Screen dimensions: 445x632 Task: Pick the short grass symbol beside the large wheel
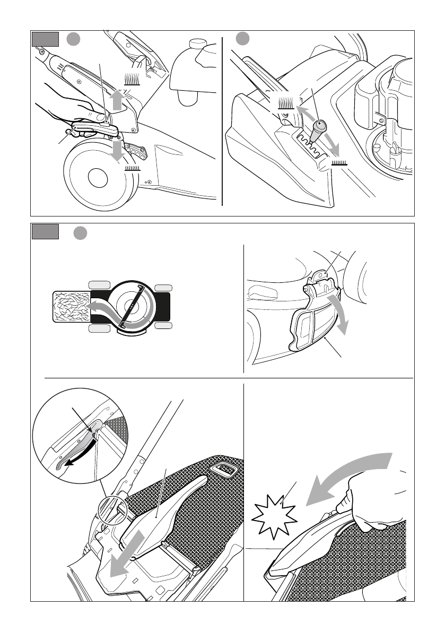click(x=132, y=167)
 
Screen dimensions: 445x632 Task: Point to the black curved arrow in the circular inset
click(x=77, y=457)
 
